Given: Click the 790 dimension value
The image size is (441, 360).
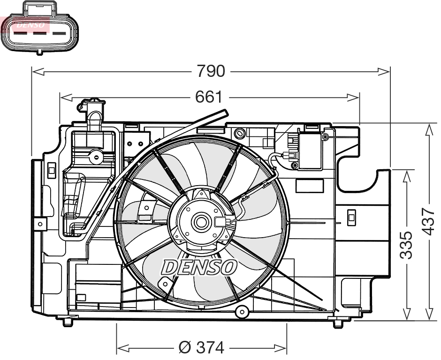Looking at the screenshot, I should coord(211,71).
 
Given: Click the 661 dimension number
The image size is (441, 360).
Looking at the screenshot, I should coord(208,97).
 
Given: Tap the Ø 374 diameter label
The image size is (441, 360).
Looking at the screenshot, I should coord(202,348).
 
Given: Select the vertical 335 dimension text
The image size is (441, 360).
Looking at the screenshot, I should coord(407,245).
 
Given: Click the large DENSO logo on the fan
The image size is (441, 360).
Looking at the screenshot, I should coord(199,267).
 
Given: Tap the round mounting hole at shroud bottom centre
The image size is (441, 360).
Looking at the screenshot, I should coord(242,311).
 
